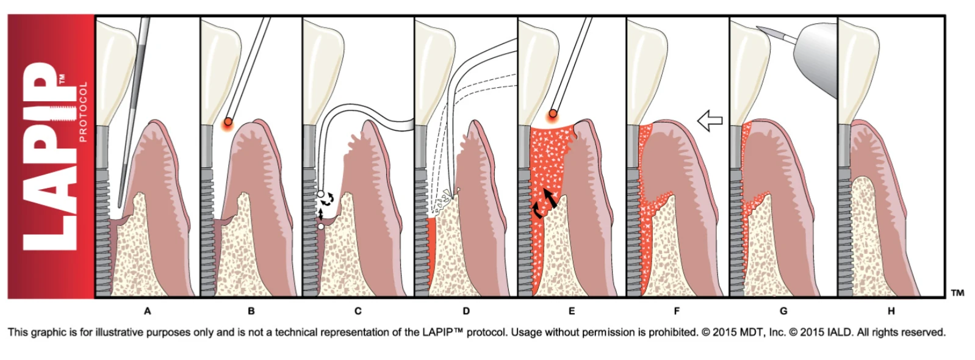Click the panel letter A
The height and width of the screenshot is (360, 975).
(x=147, y=311)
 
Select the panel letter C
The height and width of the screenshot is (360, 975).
(x=358, y=311)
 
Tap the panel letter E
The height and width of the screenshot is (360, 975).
(x=571, y=311)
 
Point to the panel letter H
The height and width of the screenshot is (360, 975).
(x=891, y=311)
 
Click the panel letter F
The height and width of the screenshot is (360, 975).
(x=677, y=311)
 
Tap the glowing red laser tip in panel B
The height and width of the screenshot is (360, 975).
(x=228, y=122)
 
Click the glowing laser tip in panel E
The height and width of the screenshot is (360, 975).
(x=553, y=113)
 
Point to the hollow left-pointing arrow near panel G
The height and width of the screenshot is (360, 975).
(x=710, y=121)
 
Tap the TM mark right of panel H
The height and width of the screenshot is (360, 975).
(x=957, y=293)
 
